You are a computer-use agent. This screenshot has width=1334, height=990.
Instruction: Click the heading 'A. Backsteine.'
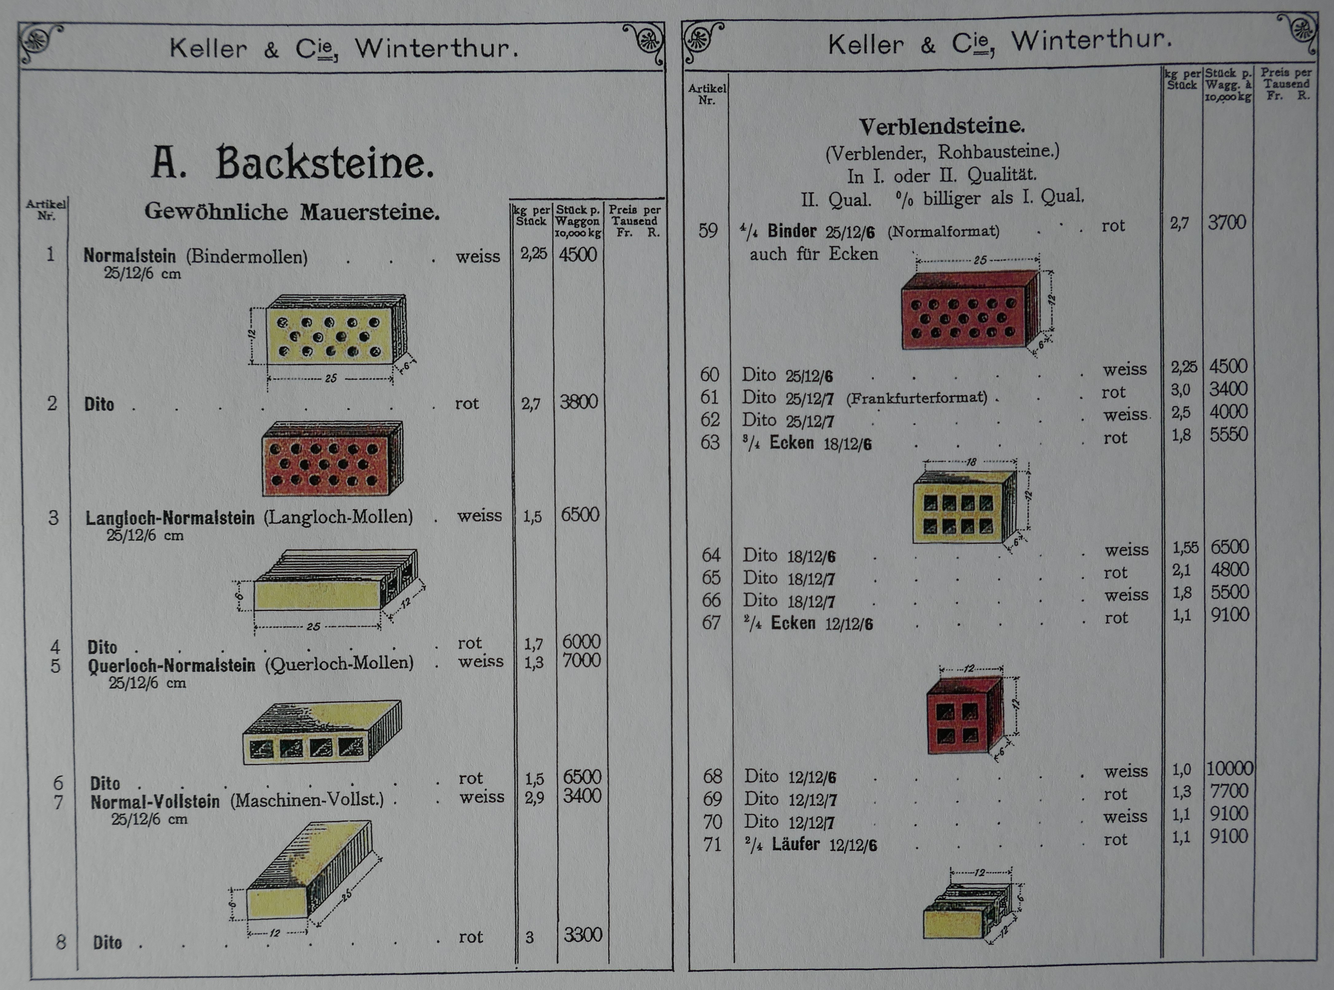(292, 163)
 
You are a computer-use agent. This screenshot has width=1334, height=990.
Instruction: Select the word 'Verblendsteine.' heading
(942, 126)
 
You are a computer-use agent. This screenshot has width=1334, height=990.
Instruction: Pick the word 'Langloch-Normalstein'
(170, 518)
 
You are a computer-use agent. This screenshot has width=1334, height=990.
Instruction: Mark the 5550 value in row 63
(1228, 434)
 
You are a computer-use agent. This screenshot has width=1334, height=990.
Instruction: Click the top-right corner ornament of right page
(1297, 31)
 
